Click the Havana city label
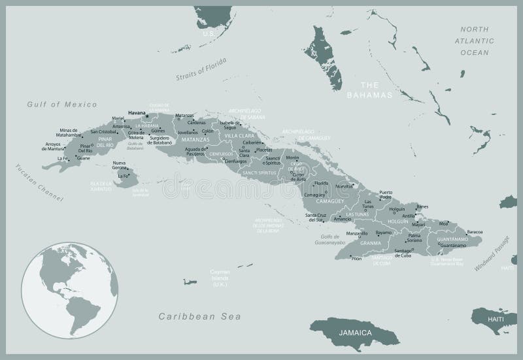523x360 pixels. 136,112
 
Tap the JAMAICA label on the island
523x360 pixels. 356,333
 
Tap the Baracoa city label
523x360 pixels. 475,231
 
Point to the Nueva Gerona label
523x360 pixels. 119,165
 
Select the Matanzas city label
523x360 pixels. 184,115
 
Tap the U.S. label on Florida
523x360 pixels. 208,33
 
